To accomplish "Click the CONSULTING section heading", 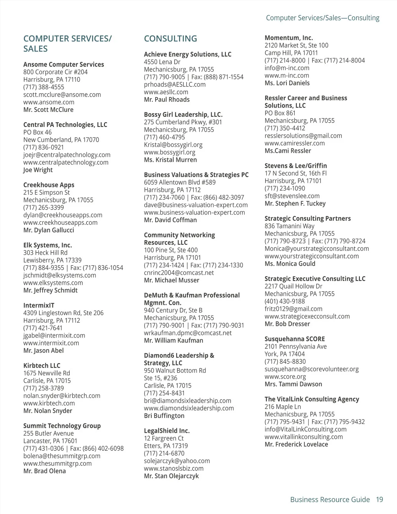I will [170, 39].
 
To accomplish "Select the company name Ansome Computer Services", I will [64, 65].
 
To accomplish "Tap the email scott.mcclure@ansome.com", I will [62, 95].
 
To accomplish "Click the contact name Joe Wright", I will [38, 170].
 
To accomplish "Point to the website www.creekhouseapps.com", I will [60, 222].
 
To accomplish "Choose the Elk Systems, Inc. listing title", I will [47, 245].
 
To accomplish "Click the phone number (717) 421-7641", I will [43, 328].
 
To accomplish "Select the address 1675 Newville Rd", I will [46, 373].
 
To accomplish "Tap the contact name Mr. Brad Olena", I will [44, 471].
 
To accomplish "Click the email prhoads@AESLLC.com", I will [175, 84].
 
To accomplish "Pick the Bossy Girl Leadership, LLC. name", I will [183, 115].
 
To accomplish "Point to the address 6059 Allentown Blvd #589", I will [180, 182].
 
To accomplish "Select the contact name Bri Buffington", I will [164, 416].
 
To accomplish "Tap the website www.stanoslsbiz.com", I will [174, 468].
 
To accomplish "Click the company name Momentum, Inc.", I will [288, 38].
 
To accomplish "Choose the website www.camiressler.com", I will [294, 143].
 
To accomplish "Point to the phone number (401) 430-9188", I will [285, 301].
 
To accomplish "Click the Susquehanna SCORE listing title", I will [294, 339].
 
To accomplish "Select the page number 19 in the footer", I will [379, 499].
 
